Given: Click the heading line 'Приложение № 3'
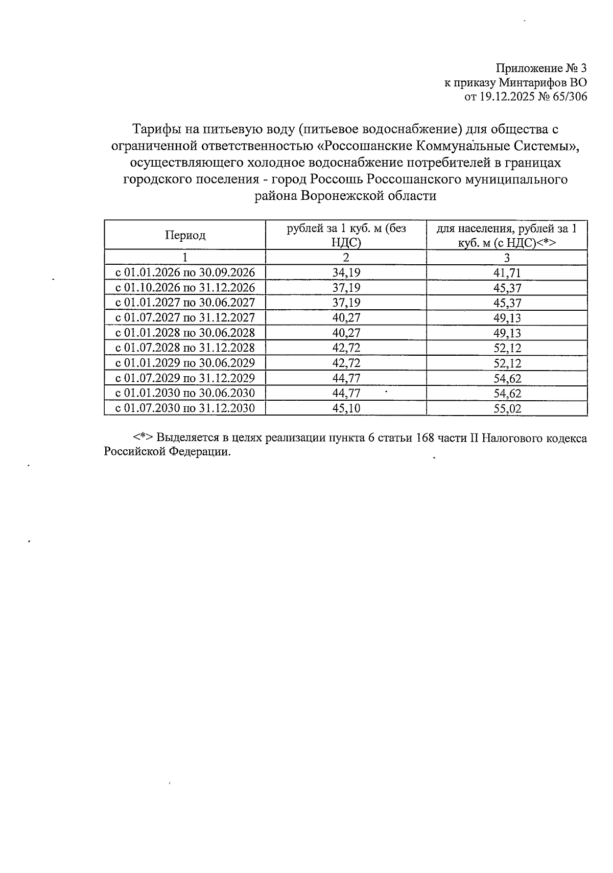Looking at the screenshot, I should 541,68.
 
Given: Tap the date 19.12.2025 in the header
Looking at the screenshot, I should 506,97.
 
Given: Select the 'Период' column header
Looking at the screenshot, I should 185,235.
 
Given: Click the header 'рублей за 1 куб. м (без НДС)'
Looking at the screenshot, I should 346,235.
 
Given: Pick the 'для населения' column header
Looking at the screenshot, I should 507,235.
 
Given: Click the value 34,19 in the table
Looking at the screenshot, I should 346,272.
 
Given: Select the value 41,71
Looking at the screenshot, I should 507,273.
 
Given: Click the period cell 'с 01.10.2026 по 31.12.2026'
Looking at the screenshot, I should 185,287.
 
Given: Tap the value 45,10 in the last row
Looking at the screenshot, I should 346,408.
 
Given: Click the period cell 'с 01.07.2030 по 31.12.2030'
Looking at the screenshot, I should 185,408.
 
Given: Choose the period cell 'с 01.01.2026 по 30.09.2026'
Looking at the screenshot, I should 185,272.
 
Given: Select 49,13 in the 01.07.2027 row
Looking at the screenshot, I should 507,318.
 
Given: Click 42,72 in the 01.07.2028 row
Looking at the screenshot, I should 346,348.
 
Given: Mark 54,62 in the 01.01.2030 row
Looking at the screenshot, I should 507,394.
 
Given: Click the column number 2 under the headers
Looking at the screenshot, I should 346,257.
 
